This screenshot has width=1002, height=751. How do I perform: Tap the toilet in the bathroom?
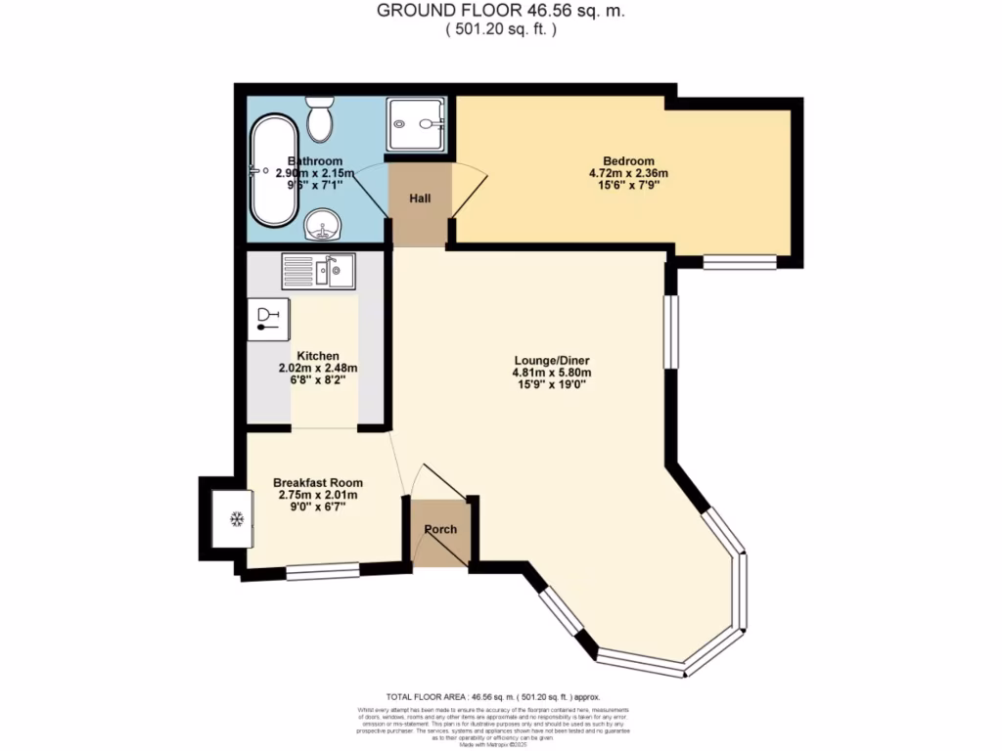319,121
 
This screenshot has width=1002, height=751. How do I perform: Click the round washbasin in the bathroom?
322,226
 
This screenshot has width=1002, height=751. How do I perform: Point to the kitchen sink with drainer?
320,270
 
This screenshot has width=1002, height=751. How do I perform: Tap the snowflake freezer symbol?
236,518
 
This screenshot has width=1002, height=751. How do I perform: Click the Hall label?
420,199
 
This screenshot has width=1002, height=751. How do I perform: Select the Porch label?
439,530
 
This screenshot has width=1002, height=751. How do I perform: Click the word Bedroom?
628,161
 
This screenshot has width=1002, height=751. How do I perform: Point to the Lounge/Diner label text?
550,359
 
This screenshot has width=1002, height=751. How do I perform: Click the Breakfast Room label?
317,483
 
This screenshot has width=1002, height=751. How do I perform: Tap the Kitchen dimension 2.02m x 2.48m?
318,369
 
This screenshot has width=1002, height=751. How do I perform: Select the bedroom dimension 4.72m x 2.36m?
628,174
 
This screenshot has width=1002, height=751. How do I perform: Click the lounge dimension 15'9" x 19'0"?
550,385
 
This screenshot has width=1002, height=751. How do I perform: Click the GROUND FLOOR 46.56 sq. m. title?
501,11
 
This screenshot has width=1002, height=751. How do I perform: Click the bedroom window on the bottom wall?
740,262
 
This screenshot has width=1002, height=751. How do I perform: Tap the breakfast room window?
322,571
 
